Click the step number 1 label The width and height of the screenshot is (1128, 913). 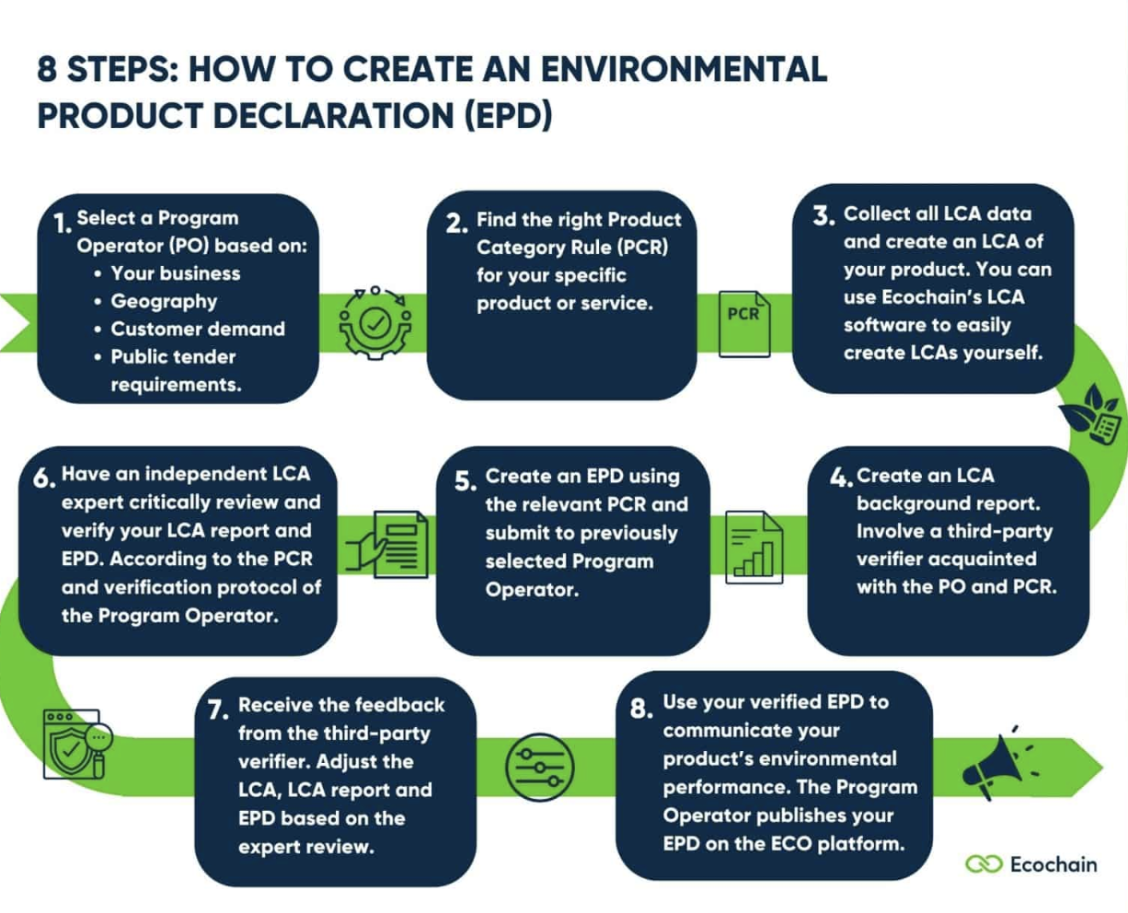click(62, 224)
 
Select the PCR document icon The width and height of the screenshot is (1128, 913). click(743, 323)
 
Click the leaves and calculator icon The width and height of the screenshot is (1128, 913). click(1093, 413)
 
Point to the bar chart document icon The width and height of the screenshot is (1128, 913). click(754, 549)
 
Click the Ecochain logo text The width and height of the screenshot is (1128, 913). click(1053, 864)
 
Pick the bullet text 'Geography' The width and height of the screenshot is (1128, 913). click(164, 301)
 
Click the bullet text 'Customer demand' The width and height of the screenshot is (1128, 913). click(198, 329)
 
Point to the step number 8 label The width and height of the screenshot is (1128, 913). click(640, 708)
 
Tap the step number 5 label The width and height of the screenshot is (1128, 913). click(466, 481)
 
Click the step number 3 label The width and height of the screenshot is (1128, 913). click(823, 217)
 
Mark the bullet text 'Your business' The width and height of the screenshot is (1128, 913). click(175, 273)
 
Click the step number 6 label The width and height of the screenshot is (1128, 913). click(44, 479)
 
